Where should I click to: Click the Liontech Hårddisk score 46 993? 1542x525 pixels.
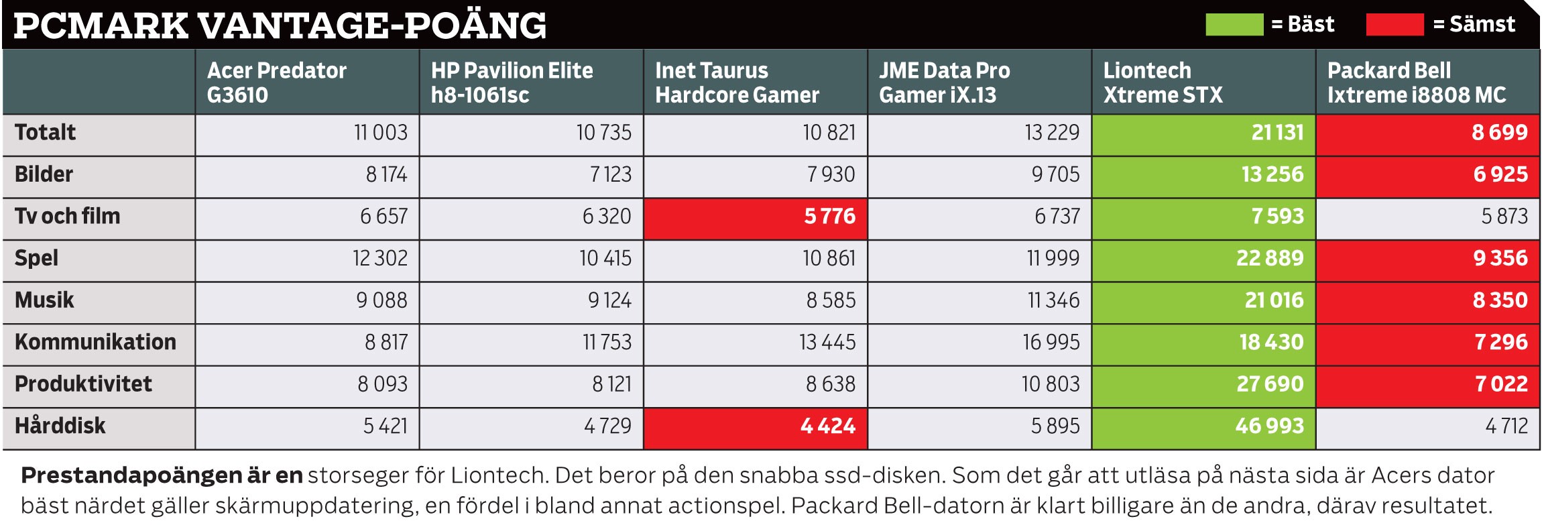point(1269,426)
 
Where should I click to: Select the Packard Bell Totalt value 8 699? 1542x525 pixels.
point(1499,133)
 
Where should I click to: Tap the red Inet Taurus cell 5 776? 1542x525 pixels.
point(829,217)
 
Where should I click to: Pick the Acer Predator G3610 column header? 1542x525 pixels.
point(277,82)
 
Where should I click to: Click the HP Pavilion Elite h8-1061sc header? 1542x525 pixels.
point(512,82)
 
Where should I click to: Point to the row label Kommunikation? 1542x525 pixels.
point(95,342)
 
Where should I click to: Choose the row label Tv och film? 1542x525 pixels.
point(67,217)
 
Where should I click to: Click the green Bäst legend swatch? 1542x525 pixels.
point(1234,25)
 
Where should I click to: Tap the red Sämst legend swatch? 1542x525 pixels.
point(1395,25)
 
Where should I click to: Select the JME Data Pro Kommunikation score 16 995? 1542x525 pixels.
point(1051,343)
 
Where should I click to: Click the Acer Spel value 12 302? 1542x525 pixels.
point(379,259)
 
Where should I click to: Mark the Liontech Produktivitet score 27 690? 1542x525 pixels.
point(1269,384)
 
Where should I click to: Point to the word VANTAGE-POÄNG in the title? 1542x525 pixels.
point(372,26)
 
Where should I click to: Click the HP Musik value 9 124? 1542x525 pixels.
point(609,300)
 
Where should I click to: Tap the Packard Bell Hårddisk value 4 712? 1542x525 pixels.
point(1506,426)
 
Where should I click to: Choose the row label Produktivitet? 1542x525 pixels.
point(83,384)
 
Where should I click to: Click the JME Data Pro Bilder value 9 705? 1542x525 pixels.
point(1055,175)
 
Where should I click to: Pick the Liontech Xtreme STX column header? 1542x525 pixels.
point(1163,82)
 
